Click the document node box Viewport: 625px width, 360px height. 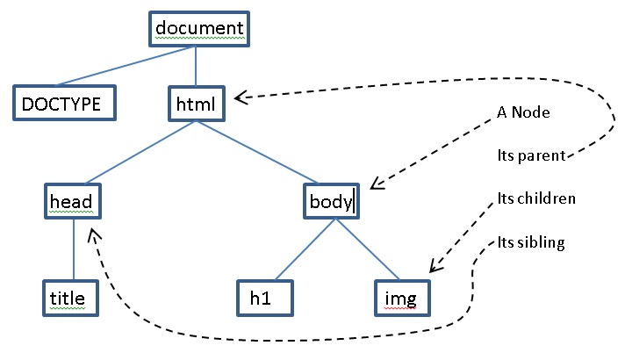point(198,28)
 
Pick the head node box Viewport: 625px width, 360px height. point(72,201)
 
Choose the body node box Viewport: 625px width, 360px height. point(332,201)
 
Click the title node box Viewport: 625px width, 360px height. point(68,299)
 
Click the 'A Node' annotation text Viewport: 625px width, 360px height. point(523,112)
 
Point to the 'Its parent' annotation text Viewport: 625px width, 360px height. point(528,157)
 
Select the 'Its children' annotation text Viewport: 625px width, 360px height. point(535,198)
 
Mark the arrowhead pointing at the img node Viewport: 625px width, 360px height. point(433,268)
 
